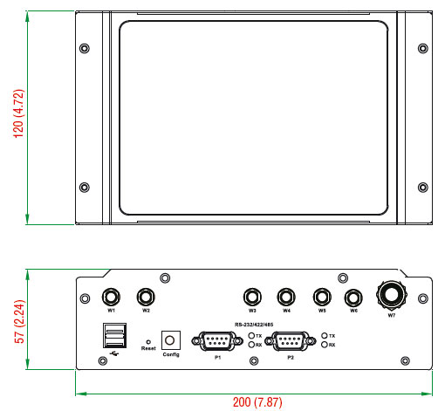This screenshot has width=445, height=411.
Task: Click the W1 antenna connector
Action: coord(111,297)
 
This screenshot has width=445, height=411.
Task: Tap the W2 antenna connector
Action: coord(146,297)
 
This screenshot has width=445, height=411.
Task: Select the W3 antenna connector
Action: coord(252,297)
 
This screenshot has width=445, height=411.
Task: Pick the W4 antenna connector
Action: coord(286,297)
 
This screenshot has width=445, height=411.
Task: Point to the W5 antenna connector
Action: coord(322,297)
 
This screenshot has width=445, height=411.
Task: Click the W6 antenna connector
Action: coord(353,298)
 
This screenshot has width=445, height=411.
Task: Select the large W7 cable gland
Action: coord(392,296)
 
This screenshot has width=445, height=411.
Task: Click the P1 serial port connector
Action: coord(217,340)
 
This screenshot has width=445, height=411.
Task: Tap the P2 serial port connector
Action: coord(291,340)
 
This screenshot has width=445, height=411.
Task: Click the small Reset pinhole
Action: coord(148,342)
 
